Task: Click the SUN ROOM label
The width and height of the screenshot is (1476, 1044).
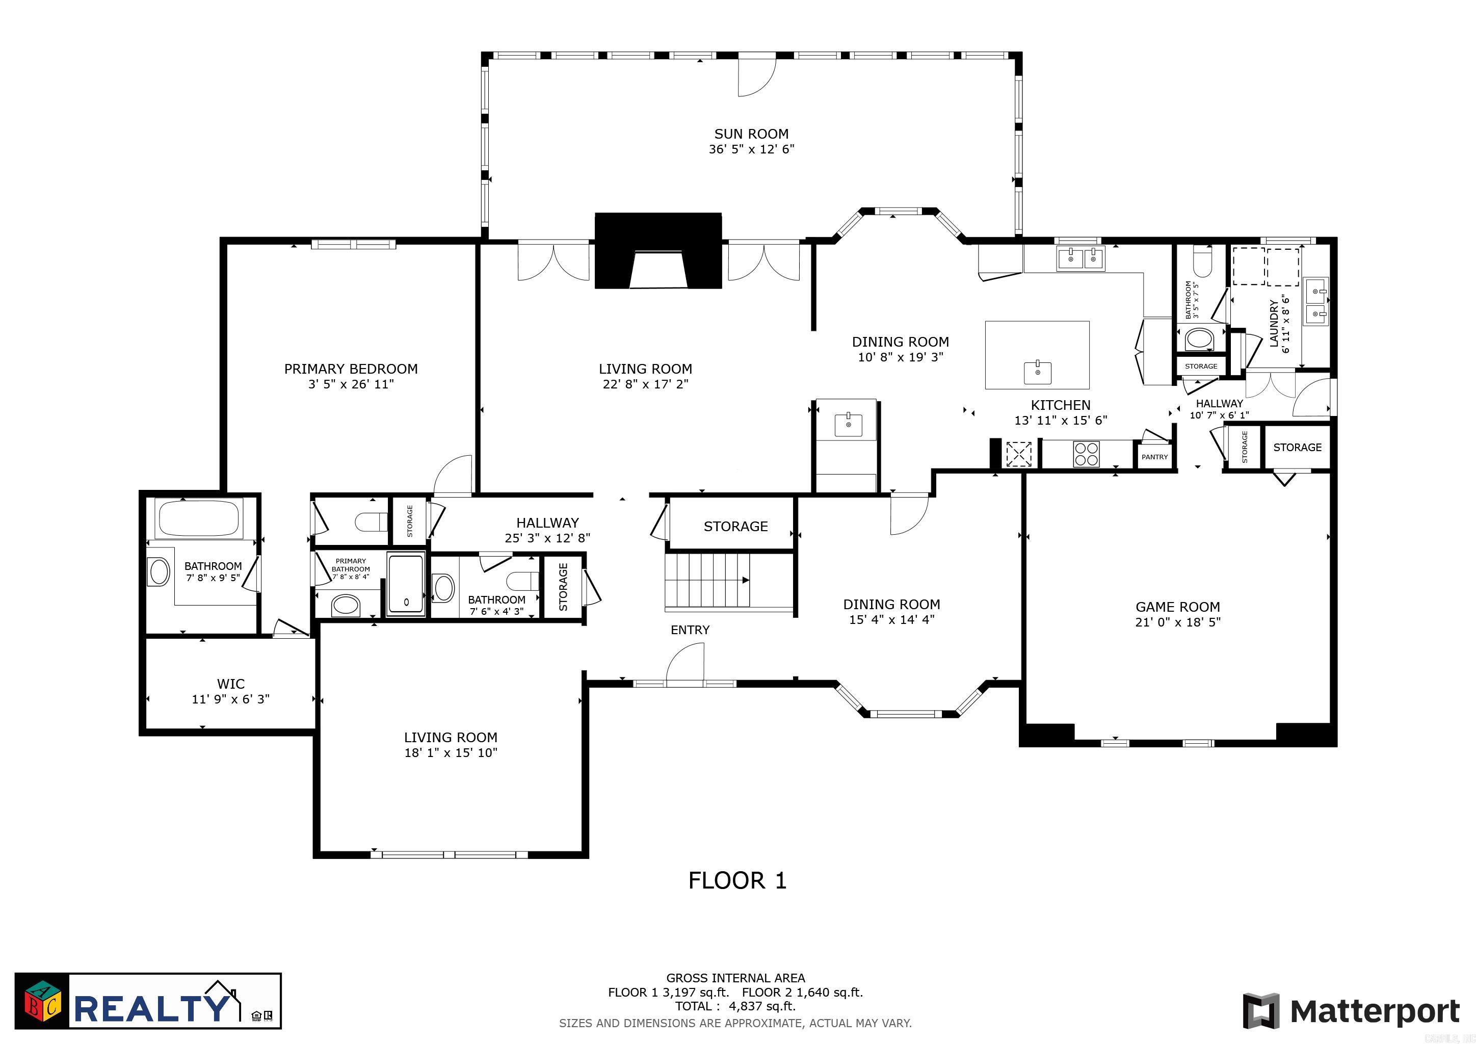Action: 751,134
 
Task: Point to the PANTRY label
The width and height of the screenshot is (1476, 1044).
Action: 1154,457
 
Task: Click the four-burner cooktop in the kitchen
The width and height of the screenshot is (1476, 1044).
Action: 1086,454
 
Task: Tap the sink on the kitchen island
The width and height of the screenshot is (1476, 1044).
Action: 1038,372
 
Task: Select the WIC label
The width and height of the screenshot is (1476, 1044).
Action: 230,684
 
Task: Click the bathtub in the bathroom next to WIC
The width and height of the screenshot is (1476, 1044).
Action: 198,518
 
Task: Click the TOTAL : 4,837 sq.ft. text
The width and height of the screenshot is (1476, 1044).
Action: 735,1006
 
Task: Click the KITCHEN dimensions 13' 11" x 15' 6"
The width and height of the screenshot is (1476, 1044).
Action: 1060,421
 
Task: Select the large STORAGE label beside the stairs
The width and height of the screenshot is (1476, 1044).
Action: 735,527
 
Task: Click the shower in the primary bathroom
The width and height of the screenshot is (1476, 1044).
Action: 406,584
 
